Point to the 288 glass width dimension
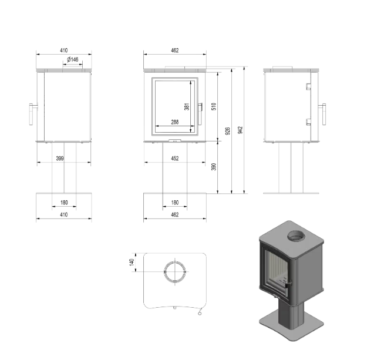point(174,122)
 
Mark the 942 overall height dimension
point(240,130)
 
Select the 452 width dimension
point(174,158)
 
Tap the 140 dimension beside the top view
point(132,262)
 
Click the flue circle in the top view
point(174,271)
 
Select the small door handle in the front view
point(201,107)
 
